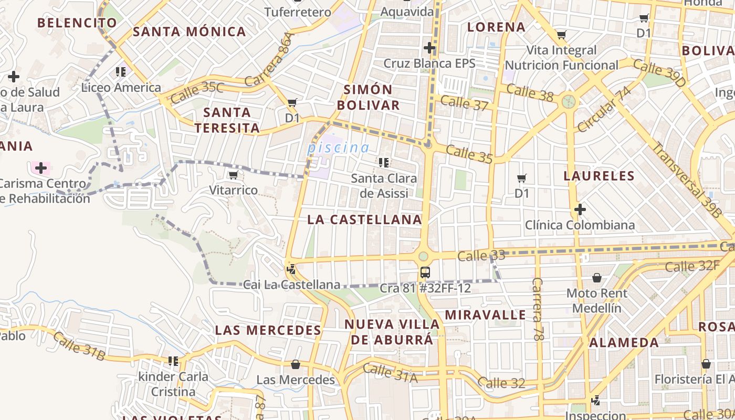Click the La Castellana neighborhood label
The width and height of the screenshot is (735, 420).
pos(364,219)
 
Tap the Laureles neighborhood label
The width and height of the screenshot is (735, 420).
pos(599,176)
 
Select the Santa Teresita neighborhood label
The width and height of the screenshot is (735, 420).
pos(227,120)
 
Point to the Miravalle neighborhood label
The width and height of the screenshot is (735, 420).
pos(485,315)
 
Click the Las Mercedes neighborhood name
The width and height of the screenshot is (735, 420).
pos(268,330)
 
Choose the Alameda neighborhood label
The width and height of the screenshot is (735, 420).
pos(624,343)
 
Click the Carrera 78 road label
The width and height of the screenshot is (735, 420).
pos(538,310)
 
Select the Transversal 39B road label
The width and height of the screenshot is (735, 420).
pos(686,180)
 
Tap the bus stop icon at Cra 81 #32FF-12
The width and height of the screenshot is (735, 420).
pos(425,272)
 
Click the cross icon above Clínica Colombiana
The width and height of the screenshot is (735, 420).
pos(580,210)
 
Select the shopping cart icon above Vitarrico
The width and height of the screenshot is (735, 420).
pos(233,175)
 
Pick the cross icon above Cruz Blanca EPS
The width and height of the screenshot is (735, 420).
pos(429,48)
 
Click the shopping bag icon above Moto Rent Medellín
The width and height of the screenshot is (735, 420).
pos(596,277)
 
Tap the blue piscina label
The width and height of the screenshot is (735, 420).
pos(338,148)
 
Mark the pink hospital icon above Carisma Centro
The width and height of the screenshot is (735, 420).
pos(40,168)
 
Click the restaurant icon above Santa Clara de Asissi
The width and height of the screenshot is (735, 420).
pos(383,163)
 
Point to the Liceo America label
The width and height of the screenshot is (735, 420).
pos(121,87)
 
